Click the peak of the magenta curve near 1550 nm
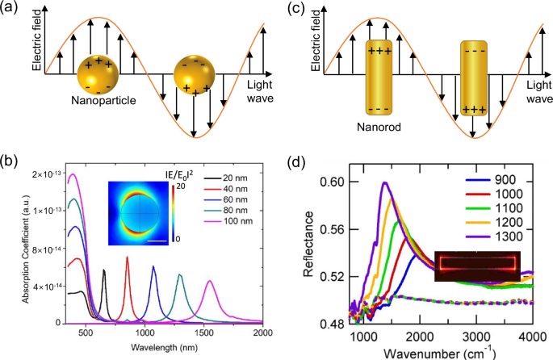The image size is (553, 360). pos(210,281)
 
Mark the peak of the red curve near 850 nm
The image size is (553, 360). pos(127,257)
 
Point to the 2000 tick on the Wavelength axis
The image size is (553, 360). pos(262,333)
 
